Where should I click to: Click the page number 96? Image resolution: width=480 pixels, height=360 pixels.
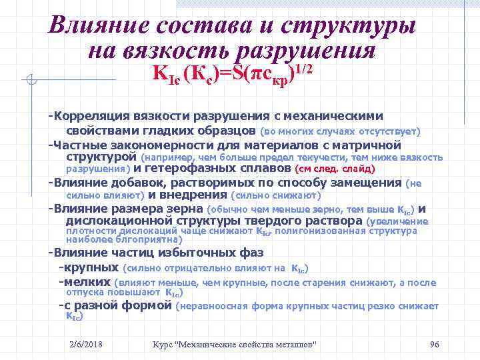click(x=433, y=343)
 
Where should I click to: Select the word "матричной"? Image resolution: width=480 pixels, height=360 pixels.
click(x=369, y=144)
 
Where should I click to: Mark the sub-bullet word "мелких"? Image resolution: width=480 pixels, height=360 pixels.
click(x=85, y=282)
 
